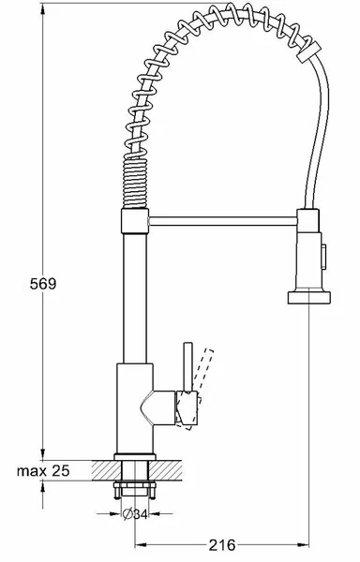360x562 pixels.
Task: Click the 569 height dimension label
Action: point(43,284)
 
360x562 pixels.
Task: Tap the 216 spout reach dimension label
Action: point(222,545)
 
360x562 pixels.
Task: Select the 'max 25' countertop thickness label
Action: point(43,470)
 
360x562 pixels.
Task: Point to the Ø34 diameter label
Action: point(135,514)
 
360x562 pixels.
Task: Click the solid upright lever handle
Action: point(187,366)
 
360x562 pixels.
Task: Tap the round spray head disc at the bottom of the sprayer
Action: point(308,298)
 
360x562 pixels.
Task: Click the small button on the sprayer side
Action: point(323,257)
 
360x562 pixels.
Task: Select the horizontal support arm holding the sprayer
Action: point(223,221)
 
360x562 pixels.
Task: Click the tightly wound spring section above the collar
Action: point(135,183)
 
